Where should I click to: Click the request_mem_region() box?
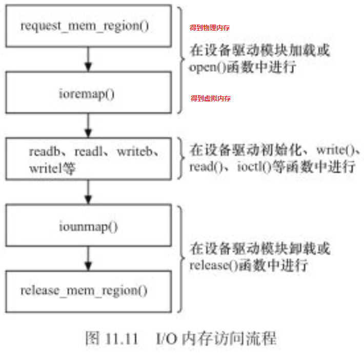[88, 26]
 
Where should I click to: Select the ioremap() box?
[88, 92]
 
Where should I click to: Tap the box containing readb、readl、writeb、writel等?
[88, 159]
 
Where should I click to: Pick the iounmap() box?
[88, 226]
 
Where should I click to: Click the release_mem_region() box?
[88, 291]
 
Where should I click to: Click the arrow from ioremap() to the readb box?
[88, 125]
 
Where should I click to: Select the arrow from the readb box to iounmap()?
[88, 192]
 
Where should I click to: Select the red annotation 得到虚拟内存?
[210, 98]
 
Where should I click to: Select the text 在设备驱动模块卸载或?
[259, 249]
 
